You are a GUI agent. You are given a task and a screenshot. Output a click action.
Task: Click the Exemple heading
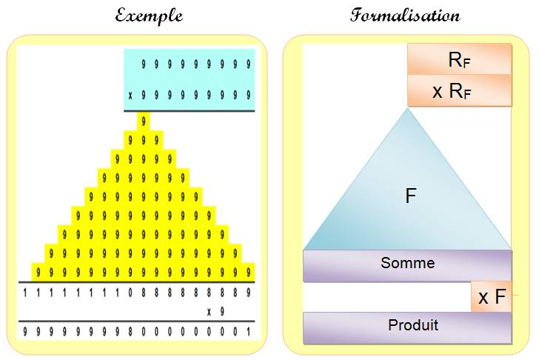[149, 16]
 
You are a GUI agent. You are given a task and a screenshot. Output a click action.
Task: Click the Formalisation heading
[404, 16]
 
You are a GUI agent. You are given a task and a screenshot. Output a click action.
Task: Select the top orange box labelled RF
[460, 59]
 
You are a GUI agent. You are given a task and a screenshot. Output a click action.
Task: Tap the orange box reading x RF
[460, 91]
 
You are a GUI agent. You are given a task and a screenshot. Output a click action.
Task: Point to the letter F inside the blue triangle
[411, 196]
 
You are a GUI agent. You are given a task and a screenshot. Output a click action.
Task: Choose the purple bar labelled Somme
[407, 266]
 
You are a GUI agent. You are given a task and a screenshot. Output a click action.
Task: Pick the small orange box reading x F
[491, 296]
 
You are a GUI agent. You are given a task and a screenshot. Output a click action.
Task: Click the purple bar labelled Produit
[407, 327]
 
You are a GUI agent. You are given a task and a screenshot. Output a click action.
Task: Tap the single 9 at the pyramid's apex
[144, 121]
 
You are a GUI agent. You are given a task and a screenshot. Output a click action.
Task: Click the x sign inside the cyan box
[130, 96]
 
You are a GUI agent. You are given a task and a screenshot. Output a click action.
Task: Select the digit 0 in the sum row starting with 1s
[130, 293]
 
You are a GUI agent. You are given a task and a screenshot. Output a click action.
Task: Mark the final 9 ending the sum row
[248, 293]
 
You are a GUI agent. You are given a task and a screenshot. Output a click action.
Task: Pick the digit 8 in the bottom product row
[130, 331]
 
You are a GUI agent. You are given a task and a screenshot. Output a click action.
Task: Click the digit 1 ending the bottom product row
[248, 331]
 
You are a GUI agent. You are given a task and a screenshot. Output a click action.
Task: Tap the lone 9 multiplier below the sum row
[222, 312]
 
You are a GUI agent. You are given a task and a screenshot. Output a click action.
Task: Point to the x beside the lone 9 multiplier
[209, 312]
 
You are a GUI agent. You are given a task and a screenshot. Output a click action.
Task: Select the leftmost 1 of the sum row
[25, 293]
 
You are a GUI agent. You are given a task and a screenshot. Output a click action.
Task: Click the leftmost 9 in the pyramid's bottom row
[38, 273]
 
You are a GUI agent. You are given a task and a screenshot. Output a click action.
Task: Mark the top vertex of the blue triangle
[408, 107]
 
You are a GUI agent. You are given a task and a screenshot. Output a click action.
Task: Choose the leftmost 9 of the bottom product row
[25, 331]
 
